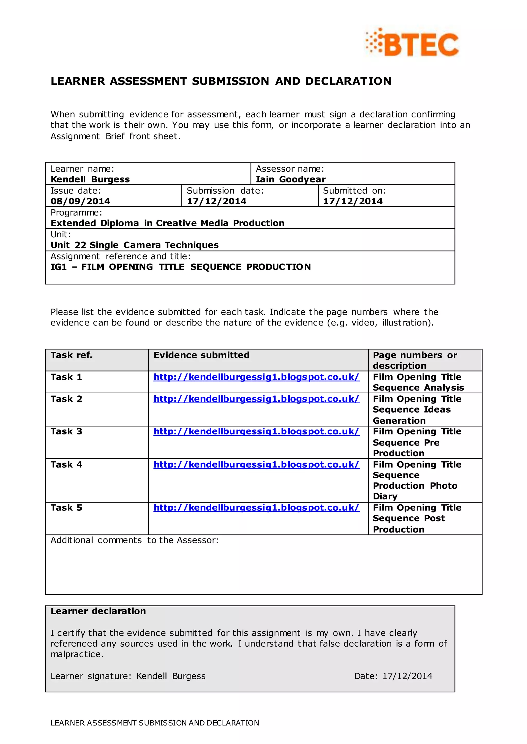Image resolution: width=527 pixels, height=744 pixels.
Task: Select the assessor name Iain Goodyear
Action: tap(291, 179)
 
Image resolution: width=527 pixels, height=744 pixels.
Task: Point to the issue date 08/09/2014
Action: tap(80, 201)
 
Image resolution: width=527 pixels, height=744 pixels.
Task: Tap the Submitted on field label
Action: tap(354, 191)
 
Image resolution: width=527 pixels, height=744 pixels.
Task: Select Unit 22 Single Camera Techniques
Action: tap(134, 245)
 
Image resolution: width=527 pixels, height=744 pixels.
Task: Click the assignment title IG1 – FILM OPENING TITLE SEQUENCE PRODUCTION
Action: tap(180, 267)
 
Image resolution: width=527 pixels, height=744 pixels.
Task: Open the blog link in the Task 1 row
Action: tap(256, 377)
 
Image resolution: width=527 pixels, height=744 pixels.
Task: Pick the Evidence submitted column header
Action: tap(201, 355)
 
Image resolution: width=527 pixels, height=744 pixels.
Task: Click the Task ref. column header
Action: tap(71, 355)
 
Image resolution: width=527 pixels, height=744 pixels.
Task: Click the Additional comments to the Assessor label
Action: tap(134, 540)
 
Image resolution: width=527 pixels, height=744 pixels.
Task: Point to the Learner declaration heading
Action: tap(98, 611)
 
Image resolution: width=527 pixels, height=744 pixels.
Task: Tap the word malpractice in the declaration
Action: tap(77, 654)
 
